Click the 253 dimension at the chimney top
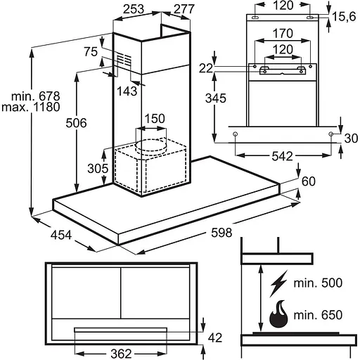pyautogui.click(x=134, y=9)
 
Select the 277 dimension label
pyautogui.click(x=184, y=9)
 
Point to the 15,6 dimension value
pyautogui.click(x=345, y=17)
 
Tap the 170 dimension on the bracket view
pyautogui.click(x=283, y=33)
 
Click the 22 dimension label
pyautogui.click(x=206, y=69)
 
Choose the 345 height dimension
pyautogui.click(x=216, y=98)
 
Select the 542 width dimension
pyautogui.click(x=283, y=156)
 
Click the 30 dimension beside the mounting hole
pyautogui.click(x=351, y=139)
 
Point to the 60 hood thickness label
pyautogui.click(x=309, y=181)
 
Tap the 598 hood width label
pyautogui.click(x=221, y=233)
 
